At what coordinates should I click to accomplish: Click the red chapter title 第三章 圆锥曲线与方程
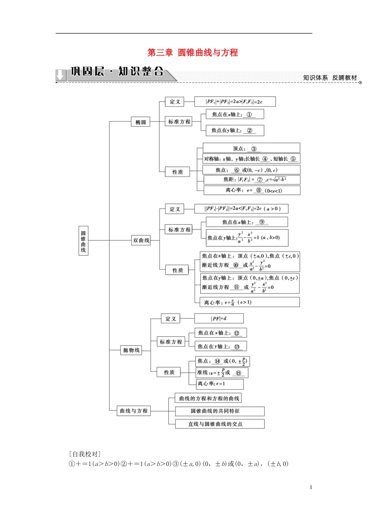pos(193,53)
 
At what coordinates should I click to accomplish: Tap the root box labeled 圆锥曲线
pos(83,241)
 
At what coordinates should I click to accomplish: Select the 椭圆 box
pos(141,122)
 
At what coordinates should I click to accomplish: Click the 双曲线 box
pos(141,240)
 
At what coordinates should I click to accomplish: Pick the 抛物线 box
pos(131,350)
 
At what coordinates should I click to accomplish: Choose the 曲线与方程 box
pos(134,411)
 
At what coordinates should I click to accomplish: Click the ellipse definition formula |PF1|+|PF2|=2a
pos(234,102)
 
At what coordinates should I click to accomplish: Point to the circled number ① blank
pos(249,114)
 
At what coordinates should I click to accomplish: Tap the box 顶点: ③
pos(251,148)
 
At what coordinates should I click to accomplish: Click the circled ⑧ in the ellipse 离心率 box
pos(258,190)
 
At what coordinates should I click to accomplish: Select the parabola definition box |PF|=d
pos(219,319)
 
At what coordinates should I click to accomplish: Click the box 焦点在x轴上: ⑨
pos(247,222)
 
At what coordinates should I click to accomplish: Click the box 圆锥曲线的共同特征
pos(220,411)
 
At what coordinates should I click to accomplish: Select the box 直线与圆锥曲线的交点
pos(220,424)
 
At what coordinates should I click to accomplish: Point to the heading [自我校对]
pos(84,454)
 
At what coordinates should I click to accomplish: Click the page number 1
pos(311,488)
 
